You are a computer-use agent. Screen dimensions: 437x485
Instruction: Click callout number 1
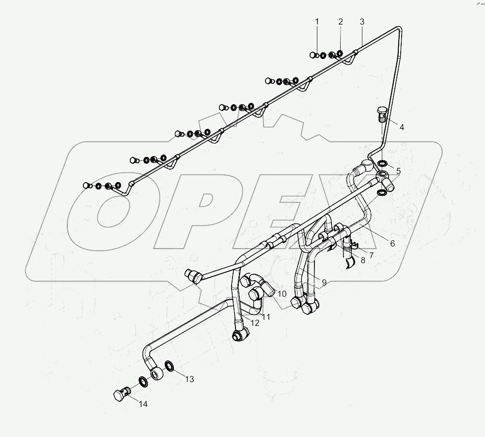pyautogui.click(x=317, y=21)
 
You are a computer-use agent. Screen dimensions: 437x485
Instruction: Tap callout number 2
pyautogui.click(x=341, y=21)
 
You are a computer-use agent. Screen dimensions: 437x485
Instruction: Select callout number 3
pyautogui.click(x=362, y=21)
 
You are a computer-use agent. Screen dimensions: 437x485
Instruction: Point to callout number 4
pyautogui.click(x=402, y=127)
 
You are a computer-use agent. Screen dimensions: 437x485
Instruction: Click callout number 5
pyautogui.click(x=398, y=171)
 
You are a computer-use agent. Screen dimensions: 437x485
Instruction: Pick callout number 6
pyautogui.click(x=392, y=243)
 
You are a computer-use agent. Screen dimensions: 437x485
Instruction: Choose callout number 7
pyautogui.click(x=371, y=255)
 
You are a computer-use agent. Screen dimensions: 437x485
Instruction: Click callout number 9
pyautogui.click(x=323, y=282)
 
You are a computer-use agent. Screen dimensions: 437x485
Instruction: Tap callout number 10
pyautogui.click(x=282, y=294)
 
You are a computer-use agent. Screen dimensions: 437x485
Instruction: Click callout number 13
pyautogui.click(x=189, y=379)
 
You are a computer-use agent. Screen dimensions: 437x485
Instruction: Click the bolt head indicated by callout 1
pyautogui.click(x=313, y=55)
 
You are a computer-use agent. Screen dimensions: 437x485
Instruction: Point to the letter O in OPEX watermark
pyautogui.click(x=111, y=213)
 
